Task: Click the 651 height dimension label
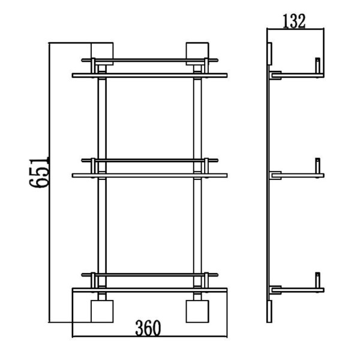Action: coord(39,172)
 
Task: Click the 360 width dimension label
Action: coord(148,328)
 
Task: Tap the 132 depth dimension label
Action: coord(294,21)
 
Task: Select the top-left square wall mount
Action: coord(102,54)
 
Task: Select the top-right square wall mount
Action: coord(197,54)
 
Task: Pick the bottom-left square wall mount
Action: coord(102,311)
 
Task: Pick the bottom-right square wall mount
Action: coord(197,311)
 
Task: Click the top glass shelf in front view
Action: coord(149,76)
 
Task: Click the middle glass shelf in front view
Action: coord(149,175)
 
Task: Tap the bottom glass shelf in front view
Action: coord(149,290)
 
